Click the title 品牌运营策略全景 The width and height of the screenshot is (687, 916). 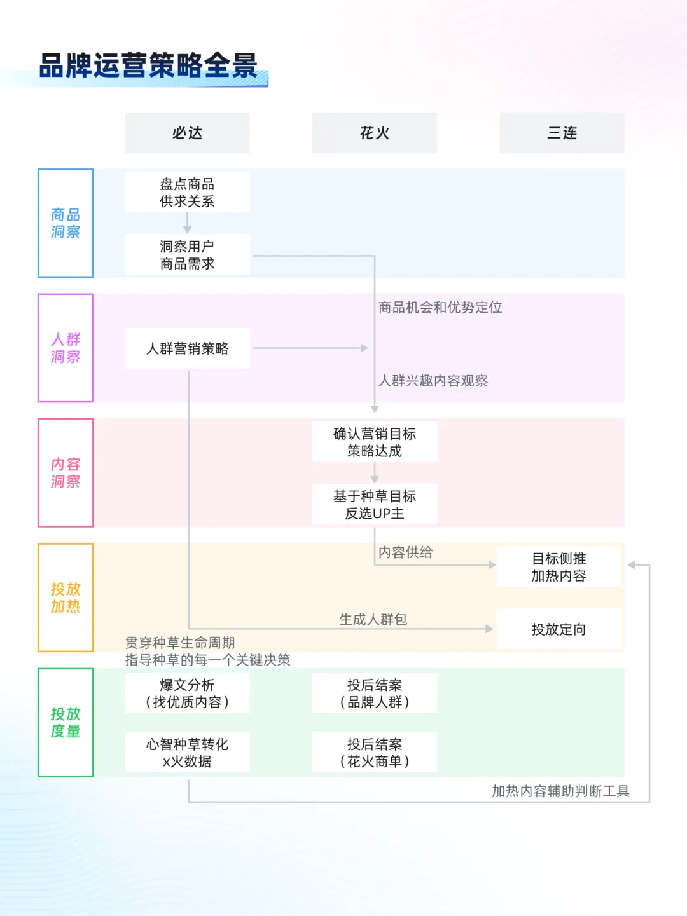pyautogui.click(x=148, y=65)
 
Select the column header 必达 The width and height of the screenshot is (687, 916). pyautogui.click(x=187, y=133)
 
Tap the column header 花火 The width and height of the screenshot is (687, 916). pyautogui.click(x=375, y=133)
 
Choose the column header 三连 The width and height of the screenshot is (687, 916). pyautogui.click(x=562, y=133)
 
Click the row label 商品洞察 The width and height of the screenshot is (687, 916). pyautogui.click(x=66, y=223)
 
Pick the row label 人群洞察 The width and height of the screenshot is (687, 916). pyautogui.click(x=66, y=348)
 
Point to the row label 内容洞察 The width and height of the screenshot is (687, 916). pyautogui.click(x=66, y=473)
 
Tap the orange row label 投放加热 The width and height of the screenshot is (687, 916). pyautogui.click(x=66, y=598)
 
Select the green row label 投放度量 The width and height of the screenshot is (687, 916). pyautogui.click(x=66, y=722)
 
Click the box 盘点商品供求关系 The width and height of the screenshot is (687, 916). pyautogui.click(x=187, y=193)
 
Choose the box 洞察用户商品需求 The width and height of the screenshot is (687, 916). pyautogui.click(x=187, y=255)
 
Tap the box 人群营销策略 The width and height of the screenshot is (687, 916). pyautogui.click(x=187, y=348)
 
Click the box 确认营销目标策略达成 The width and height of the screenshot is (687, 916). pyautogui.click(x=375, y=442)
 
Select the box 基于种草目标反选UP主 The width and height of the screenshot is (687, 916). pyautogui.click(x=375, y=504)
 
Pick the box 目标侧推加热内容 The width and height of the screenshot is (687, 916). pyautogui.click(x=559, y=567)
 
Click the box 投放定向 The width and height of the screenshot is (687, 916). pyautogui.click(x=559, y=629)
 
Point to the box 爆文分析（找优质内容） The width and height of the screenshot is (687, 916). pyautogui.click(x=187, y=693)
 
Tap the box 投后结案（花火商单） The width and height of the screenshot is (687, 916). pyautogui.click(x=375, y=753)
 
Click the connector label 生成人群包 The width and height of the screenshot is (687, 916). pyautogui.click(x=373, y=619)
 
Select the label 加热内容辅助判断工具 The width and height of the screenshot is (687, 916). pyautogui.click(x=560, y=791)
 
